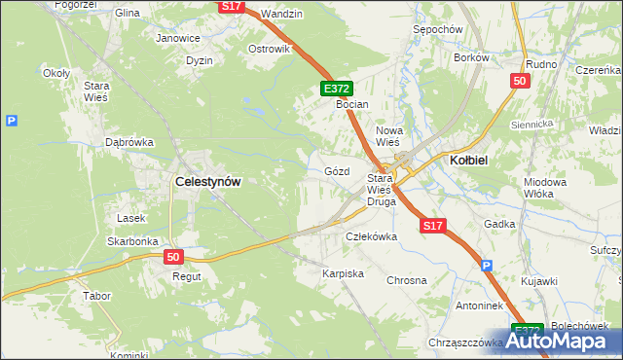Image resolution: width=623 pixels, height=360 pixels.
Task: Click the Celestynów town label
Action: pyautogui.click(x=207, y=181)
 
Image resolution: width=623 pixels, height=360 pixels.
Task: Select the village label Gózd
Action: pyautogui.click(x=336, y=170)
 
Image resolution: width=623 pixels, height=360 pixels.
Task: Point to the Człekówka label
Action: pyautogui.click(x=372, y=236)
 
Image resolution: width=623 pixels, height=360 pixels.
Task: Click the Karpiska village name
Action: pyautogui.click(x=343, y=273)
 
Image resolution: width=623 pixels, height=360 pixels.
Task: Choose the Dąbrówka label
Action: pyautogui.click(x=129, y=142)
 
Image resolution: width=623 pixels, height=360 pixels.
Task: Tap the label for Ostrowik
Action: pyautogui.click(x=270, y=49)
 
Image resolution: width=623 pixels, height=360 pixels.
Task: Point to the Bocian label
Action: pyautogui.click(x=352, y=103)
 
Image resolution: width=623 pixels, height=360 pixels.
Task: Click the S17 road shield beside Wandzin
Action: pyautogui.click(x=230, y=6)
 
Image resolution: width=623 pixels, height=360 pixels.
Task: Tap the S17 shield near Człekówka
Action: pyautogui.click(x=433, y=226)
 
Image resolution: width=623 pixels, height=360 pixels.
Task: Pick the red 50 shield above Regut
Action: pyautogui.click(x=173, y=257)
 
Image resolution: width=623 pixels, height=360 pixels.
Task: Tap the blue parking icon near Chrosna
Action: pyautogui.click(x=487, y=265)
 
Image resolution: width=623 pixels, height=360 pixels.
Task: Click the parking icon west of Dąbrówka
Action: pyautogui.click(x=11, y=121)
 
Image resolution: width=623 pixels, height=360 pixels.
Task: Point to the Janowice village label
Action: pyautogui.click(x=178, y=38)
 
